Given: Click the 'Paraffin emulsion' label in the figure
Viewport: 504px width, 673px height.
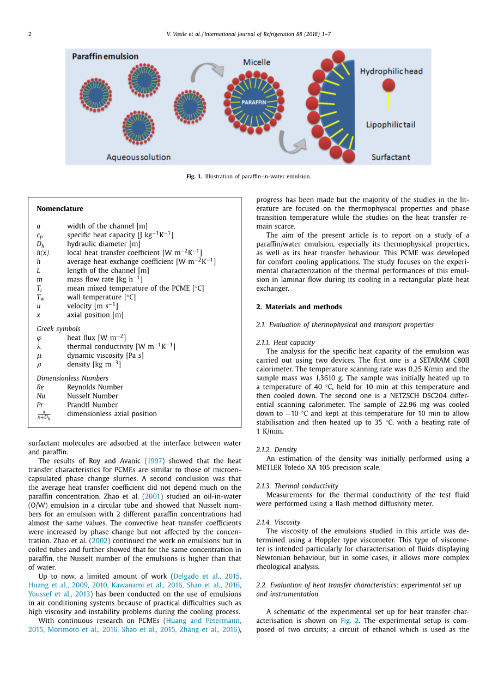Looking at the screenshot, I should (x=105, y=56).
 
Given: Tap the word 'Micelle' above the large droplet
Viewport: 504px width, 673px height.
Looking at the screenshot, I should (x=256, y=62).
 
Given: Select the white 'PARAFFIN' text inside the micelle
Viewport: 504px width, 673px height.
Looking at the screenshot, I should (x=253, y=102).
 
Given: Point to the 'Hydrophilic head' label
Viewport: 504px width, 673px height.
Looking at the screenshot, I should (x=391, y=71).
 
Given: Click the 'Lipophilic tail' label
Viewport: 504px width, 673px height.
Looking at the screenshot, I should (x=390, y=124).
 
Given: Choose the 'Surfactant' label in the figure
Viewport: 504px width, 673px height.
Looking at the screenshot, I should (x=391, y=157).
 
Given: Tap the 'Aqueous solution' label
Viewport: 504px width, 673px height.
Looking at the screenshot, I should (x=138, y=157).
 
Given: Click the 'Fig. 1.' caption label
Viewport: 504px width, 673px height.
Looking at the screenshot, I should (x=194, y=177).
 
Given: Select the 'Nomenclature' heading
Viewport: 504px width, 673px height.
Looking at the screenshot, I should (x=60, y=209).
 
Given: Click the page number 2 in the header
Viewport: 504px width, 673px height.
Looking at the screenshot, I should (x=30, y=34).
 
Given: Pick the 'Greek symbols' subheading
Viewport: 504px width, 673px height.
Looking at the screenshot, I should (x=58, y=329).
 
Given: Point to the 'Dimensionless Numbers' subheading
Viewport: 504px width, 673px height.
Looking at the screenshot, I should (x=72, y=378).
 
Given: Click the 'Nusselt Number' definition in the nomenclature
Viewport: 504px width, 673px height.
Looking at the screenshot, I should (x=93, y=396).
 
